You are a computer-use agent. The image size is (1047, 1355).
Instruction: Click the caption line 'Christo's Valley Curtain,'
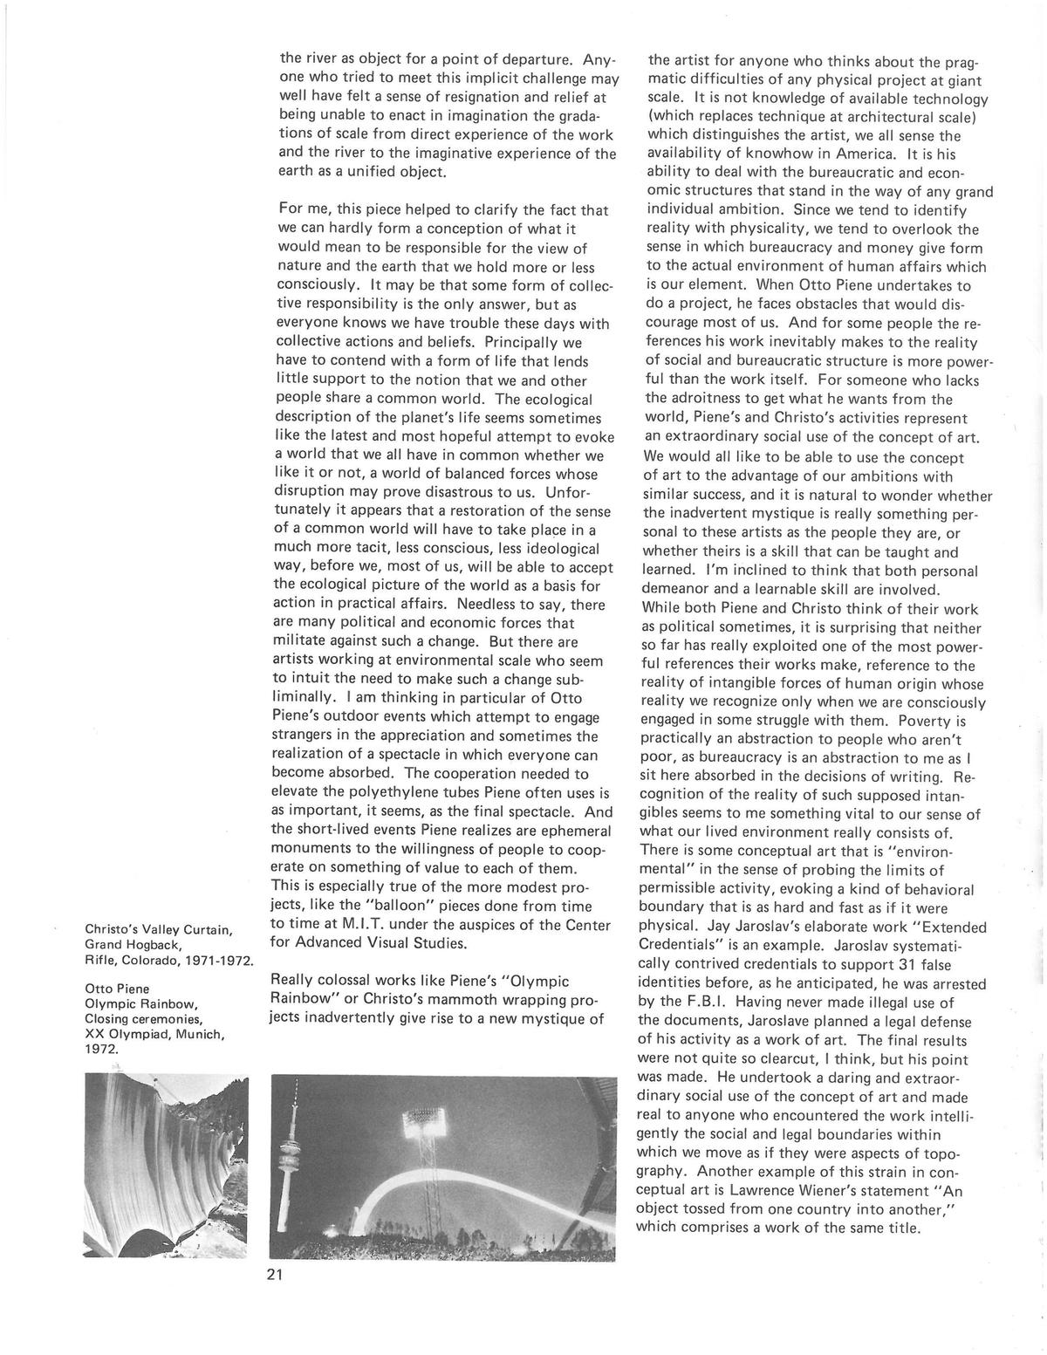click(x=157, y=928)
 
